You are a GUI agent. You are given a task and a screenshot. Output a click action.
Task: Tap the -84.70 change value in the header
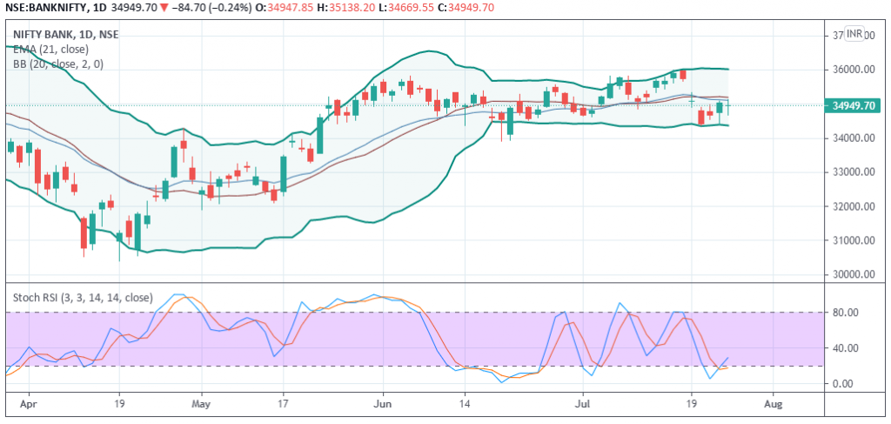191,8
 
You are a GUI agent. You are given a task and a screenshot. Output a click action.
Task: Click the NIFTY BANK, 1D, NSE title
66,34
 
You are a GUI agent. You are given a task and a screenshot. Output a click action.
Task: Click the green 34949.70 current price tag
854,106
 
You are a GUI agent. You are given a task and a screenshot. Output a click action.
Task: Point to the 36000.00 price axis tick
855,70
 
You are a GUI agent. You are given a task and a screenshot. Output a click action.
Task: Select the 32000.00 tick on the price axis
855,206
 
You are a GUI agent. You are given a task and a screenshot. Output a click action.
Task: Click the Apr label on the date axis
29,405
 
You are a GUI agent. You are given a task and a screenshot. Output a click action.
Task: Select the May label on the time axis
201,405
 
